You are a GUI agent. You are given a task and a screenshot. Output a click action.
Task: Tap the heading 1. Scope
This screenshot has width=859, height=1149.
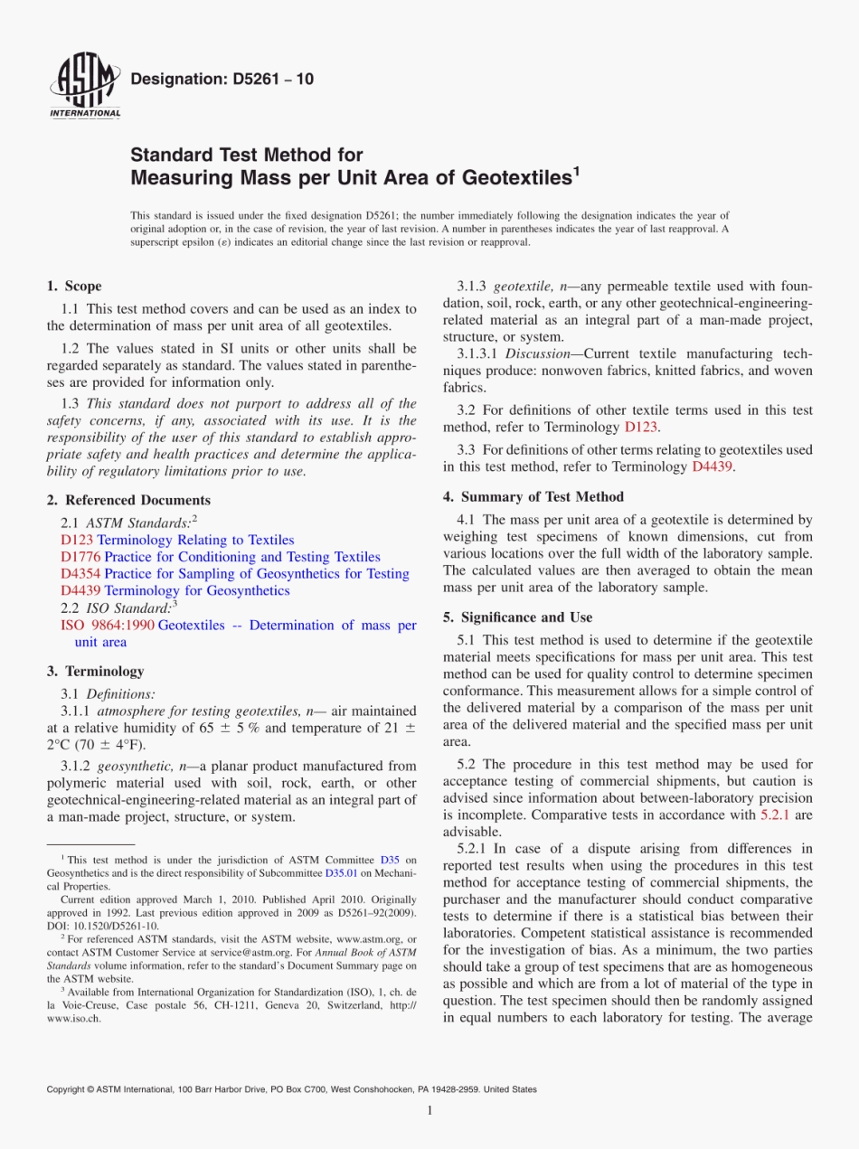tap(74, 287)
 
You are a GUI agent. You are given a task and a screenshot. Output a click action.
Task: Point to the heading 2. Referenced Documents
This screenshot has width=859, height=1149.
tap(128, 500)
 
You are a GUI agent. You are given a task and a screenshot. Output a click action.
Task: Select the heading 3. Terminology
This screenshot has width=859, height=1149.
tap(95, 672)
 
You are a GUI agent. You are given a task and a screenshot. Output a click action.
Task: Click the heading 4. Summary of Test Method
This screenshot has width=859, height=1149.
tap(533, 496)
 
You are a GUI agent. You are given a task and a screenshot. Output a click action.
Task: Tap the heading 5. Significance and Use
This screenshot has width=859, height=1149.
tap(517, 617)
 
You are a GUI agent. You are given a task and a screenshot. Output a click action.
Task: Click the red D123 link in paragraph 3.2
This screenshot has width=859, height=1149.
tap(641, 427)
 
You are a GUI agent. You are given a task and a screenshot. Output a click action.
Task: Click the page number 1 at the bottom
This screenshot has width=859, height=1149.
tap(429, 1111)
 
